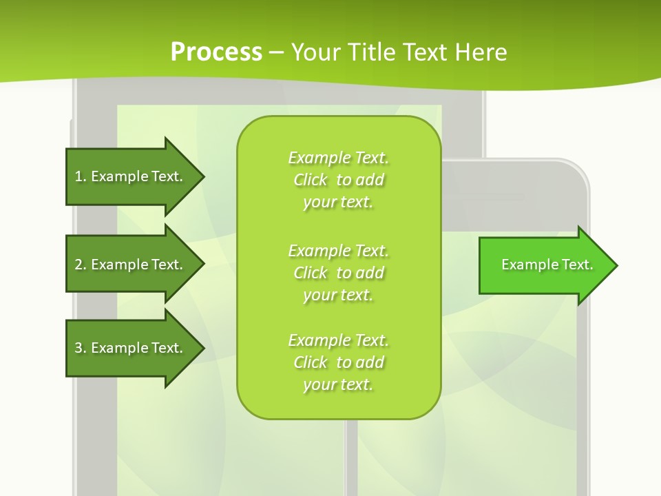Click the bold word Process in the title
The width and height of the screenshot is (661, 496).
click(x=216, y=52)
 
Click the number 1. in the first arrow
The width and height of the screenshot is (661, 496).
click(x=81, y=176)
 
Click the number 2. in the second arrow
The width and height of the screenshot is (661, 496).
click(x=81, y=265)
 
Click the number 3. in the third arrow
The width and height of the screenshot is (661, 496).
click(x=81, y=348)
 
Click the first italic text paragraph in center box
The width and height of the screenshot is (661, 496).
click(x=338, y=180)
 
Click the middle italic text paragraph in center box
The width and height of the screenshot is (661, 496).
click(x=338, y=273)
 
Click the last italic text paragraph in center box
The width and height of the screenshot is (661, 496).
click(x=338, y=362)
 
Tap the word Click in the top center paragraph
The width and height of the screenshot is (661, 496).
click(x=311, y=180)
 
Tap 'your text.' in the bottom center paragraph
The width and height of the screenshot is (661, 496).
click(x=338, y=384)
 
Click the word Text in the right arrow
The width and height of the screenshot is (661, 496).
click(x=578, y=265)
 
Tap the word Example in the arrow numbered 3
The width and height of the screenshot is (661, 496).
click(x=118, y=348)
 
